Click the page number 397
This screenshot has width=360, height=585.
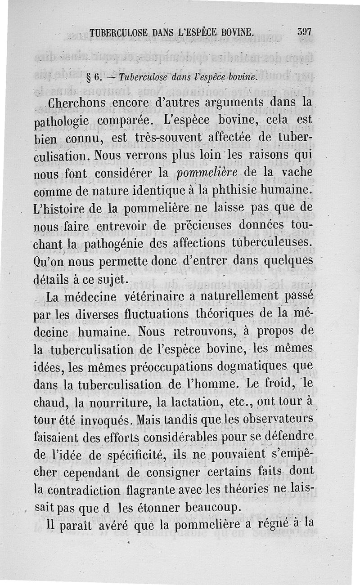(305, 32)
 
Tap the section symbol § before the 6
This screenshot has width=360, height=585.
(90, 77)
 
